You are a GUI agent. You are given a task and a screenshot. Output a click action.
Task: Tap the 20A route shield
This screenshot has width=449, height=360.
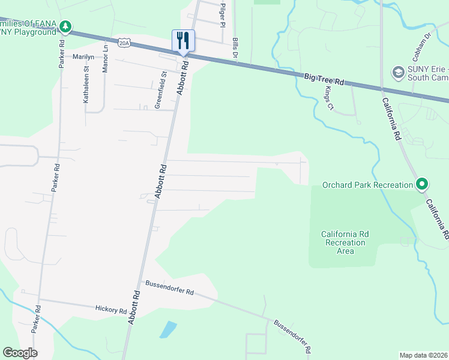coord(124,43)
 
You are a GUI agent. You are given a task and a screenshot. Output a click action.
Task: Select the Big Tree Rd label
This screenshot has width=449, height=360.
coord(324,78)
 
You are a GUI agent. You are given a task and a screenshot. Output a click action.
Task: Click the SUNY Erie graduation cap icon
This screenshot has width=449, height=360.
coord(397,72)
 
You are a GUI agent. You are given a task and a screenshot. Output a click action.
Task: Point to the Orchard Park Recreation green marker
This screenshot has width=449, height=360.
coord(422,184)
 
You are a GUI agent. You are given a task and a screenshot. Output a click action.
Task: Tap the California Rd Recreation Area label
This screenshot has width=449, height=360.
coord(345,242)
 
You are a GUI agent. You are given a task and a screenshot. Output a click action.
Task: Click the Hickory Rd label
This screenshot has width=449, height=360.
coord(111,310)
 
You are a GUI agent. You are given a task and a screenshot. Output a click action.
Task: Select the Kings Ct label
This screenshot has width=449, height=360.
coord(329,98)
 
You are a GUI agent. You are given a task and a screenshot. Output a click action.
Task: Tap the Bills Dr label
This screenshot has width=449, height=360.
coord(235,50)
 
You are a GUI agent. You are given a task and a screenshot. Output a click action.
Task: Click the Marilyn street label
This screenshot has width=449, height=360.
coord(84,56)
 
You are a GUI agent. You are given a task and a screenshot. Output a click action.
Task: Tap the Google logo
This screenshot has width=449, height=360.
coord(20,353)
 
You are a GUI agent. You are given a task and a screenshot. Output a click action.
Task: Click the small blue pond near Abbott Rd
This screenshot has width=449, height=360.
coord(168,329)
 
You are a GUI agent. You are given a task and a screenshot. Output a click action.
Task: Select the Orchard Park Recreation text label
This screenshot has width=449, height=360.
coord(368,185)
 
